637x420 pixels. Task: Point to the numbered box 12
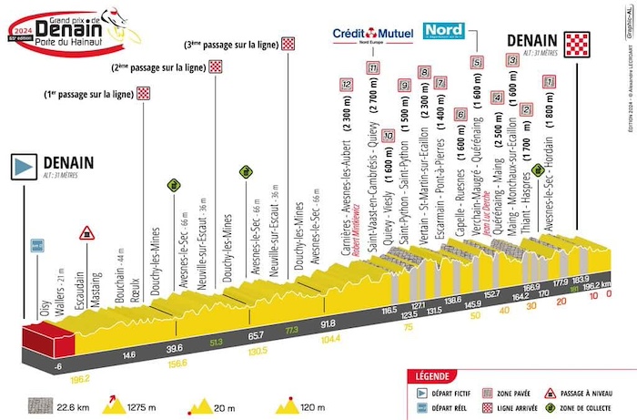click(346, 83)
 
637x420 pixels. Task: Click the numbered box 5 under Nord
click(477, 63)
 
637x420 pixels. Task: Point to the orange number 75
click(409, 328)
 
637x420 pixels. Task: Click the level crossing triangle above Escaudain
click(86, 232)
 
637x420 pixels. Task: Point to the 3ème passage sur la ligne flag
click(288, 43)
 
